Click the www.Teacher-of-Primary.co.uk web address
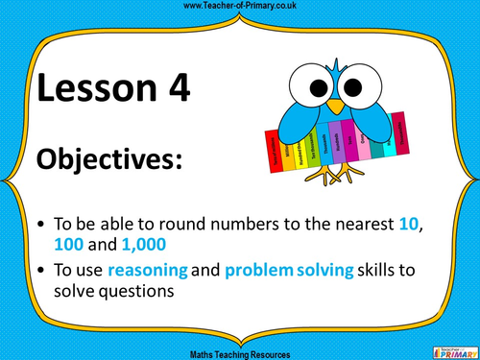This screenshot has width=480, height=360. (x=240, y=7)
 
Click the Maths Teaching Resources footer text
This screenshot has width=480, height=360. (x=240, y=353)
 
